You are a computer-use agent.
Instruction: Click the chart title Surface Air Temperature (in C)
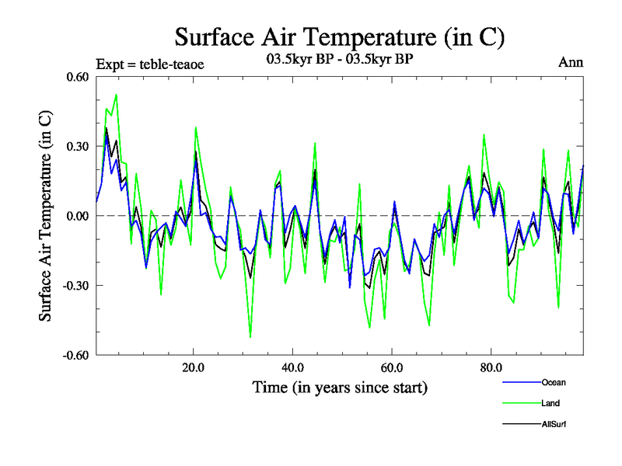click(x=341, y=37)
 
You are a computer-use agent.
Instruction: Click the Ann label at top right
click(x=571, y=62)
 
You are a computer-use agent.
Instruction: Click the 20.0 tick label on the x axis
click(x=193, y=367)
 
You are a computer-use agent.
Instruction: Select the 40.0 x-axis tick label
click(x=292, y=367)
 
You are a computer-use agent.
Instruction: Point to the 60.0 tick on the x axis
click(x=392, y=367)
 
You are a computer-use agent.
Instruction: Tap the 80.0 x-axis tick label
click(x=491, y=367)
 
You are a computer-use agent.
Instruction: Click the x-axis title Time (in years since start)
click(x=340, y=387)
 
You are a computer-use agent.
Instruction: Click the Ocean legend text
click(x=554, y=382)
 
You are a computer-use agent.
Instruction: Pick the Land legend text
click(x=550, y=403)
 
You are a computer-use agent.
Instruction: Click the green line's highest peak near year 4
click(x=116, y=95)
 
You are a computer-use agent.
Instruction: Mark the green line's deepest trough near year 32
click(x=250, y=337)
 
